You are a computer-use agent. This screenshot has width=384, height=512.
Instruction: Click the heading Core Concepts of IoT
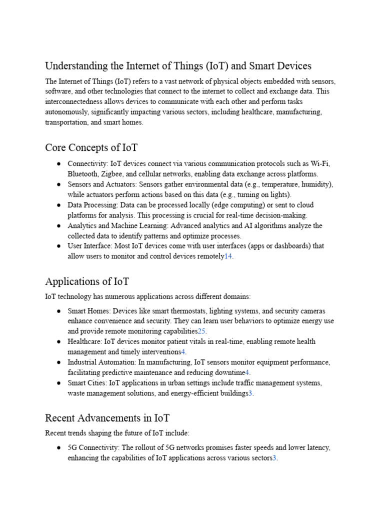(x=91, y=147)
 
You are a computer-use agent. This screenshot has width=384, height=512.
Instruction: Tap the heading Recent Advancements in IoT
(x=107, y=417)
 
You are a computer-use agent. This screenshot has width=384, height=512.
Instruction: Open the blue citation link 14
(x=228, y=256)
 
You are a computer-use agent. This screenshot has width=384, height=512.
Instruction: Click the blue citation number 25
(x=201, y=331)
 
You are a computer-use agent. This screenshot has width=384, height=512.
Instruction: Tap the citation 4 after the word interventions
(x=183, y=352)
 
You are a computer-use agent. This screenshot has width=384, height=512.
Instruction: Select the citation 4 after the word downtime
(x=247, y=372)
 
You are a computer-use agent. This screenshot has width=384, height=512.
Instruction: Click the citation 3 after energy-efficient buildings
(x=250, y=393)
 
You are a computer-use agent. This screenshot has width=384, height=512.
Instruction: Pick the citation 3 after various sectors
(x=274, y=458)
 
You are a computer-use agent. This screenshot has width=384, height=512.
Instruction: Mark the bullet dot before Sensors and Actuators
(x=59, y=184)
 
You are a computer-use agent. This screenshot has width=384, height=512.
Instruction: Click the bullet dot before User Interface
(x=59, y=246)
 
